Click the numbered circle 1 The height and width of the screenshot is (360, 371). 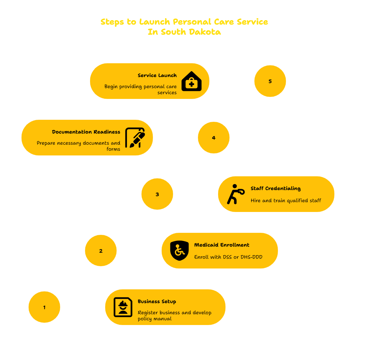click(x=44, y=307)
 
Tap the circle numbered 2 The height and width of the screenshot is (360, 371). click(x=101, y=250)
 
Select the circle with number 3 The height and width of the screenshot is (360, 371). click(x=157, y=194)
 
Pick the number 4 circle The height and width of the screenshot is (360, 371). click(x=214, y=138)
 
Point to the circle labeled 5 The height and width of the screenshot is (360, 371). click(x=270, y=81)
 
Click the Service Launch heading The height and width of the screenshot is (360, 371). click(x=157, y=75)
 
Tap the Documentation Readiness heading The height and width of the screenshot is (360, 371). click(x=86, y=132)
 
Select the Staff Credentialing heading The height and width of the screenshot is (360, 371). click(x=276, y=188)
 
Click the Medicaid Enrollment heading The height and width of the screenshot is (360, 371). click(x=222, y=245)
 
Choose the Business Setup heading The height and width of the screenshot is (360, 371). click(x=157, y=301)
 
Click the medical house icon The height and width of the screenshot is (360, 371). click(x=192, y=81)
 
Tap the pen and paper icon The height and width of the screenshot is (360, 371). click(x=135, y=138)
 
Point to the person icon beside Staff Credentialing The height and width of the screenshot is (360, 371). click(x=236, y=194)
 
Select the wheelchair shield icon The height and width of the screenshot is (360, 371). click(x=179, y=251)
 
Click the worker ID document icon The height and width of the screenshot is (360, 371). click(x=123, y=307)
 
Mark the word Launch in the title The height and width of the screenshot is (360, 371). click(x=155, y=22)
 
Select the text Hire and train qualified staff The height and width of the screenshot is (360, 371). click(x=286, y=201)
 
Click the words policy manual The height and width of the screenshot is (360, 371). click(x=155, y=319)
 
